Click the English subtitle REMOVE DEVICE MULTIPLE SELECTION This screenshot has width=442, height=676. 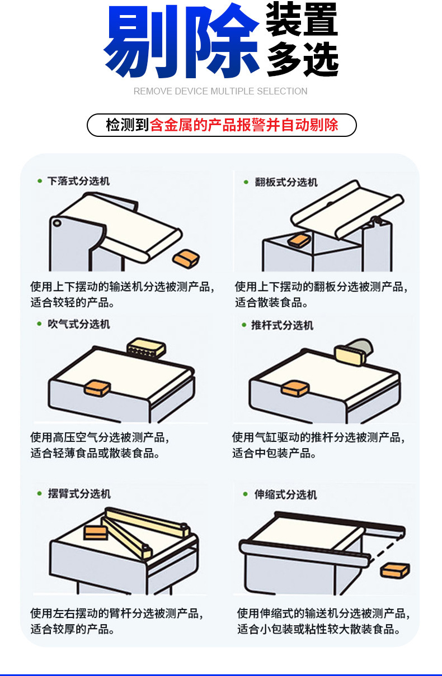(220, 91)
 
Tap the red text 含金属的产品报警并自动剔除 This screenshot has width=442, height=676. (244, 125)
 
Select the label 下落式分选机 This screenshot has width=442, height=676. (78, 181)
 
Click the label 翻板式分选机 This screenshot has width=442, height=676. (286, 182)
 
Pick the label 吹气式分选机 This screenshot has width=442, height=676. (78, 324)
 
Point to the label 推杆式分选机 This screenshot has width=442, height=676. (282, 325)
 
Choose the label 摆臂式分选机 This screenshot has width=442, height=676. (79, 494)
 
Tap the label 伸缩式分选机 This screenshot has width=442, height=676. (285, 494)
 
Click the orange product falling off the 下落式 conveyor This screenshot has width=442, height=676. (186, 259)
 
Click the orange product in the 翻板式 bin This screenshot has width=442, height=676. (299, 240)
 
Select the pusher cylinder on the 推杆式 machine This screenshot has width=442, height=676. (354, 351)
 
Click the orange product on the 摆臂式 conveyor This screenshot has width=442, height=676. (96, 532)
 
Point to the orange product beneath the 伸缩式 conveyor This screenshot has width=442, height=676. (395, 570)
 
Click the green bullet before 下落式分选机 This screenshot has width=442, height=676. (40, 181)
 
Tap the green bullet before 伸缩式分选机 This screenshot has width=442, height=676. (246, 494)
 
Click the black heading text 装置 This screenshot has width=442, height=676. (302, 20)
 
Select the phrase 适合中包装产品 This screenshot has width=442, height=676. (274, 453)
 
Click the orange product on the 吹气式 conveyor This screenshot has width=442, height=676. (97, 388)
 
